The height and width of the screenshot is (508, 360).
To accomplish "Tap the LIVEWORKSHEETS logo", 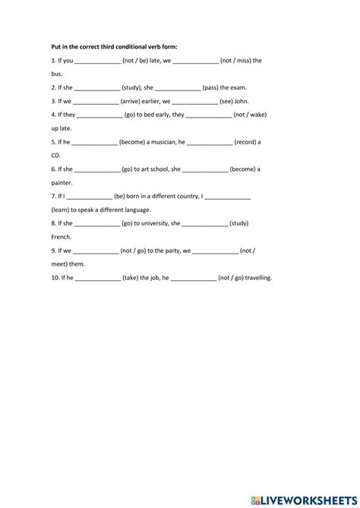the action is (303, 493).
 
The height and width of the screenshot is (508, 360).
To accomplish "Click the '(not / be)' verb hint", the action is (138, 61).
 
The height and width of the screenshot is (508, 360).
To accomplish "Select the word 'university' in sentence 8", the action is (156, 223).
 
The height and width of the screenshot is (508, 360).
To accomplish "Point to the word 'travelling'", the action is (255, 278).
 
